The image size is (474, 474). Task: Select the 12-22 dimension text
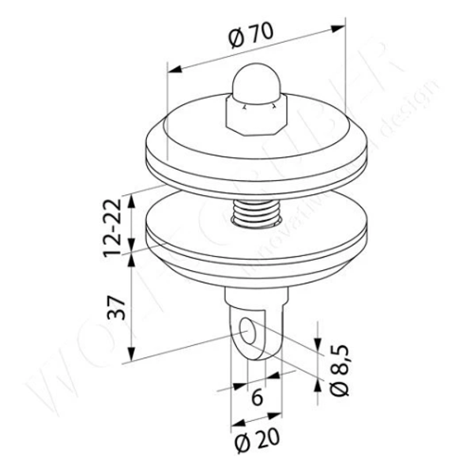[x=115, y=228]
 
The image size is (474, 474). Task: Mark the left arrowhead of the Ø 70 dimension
[x=175, y=69]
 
